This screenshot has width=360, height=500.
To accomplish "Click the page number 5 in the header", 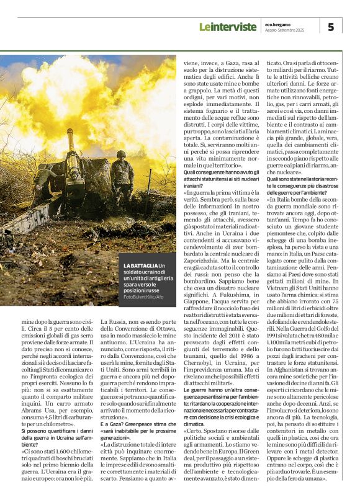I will point(330,27).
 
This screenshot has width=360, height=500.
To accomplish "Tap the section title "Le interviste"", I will point(227,27).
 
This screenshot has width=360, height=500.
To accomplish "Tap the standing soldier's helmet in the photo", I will point(120,153).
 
